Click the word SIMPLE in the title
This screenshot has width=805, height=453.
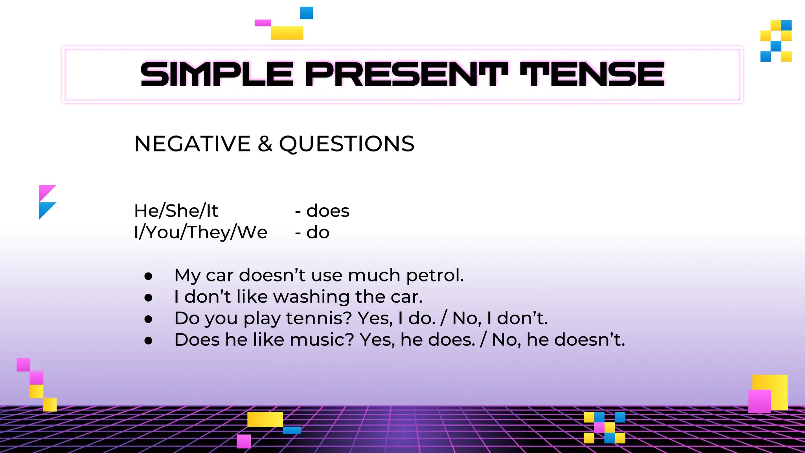217,74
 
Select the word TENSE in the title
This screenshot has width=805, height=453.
592,74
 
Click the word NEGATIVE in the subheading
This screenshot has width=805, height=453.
192,144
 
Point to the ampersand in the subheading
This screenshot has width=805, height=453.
265,144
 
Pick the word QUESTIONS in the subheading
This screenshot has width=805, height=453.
347,144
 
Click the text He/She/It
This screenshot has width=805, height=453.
176,211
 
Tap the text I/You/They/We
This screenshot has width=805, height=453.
200,232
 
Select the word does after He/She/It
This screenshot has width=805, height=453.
328,211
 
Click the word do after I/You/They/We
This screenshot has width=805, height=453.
318,232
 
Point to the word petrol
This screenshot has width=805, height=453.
435,276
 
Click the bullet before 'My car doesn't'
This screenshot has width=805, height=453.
148,276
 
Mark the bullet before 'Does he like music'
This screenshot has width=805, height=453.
148,341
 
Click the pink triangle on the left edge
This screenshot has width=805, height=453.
45,191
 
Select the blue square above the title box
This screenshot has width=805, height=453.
307,13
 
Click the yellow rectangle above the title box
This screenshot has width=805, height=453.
287,33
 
